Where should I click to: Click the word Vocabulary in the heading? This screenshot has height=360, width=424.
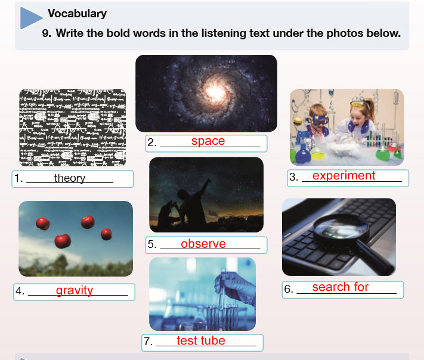[77, 14]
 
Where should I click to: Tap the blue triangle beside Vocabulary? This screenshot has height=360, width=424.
[30, 18]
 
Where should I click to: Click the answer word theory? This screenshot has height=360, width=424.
[70, 178]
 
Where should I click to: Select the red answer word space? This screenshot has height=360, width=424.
[208, 141]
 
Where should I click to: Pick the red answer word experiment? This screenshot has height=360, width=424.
[343, 176]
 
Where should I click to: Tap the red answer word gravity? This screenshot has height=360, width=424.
[75, 290]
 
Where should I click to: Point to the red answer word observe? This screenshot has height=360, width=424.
[203, 244]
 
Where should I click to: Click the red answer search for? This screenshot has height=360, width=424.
[340, 287]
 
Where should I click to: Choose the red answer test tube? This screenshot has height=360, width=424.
[201, 340]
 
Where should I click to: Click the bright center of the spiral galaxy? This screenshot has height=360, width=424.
[215, 91]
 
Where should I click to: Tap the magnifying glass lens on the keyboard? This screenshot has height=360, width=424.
[341, 228]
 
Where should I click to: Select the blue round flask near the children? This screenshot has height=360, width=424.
[303, 153]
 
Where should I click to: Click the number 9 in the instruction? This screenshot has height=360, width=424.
[47, 33]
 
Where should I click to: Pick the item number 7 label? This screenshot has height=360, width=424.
[148, 341]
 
